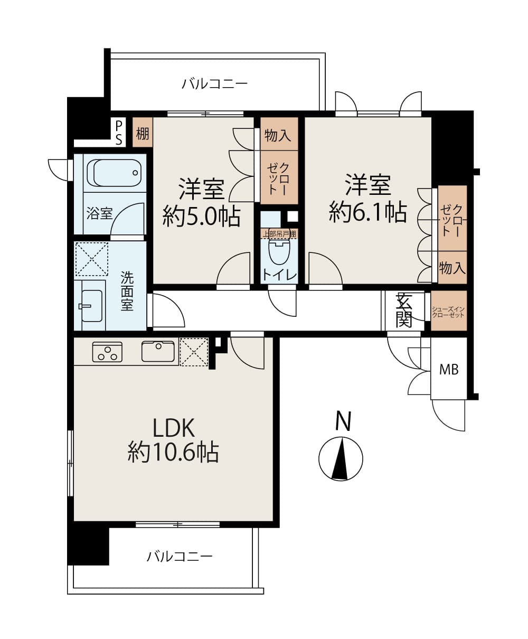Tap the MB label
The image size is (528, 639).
tap(449, 370)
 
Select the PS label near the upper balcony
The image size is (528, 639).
tap(119, 132)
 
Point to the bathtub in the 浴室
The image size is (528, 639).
tap(117, 172)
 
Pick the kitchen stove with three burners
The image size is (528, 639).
tap(107, 352)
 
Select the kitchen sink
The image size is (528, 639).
tap(158, 352)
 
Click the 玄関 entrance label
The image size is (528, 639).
tap(404, 311)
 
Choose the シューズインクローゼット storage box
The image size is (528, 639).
tap(449, 311)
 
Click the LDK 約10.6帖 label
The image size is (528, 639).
tap(174, 440)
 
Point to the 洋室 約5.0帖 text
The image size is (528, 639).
tap(201, 202)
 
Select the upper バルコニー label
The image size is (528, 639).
tap(214, 84)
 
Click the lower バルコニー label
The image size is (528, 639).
tap(180, 556)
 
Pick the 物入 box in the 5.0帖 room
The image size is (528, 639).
tap(278, 135)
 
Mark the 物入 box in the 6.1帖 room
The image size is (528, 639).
tap(452, 268)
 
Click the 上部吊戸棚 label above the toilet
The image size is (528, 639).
tap(279, 233)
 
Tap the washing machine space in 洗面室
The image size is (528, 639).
tap(91, 259)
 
